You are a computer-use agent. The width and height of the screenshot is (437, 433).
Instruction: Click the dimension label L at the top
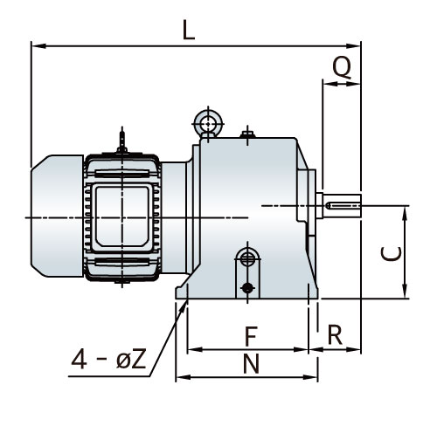(x=189, y=30)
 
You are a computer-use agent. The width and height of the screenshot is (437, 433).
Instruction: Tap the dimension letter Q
(x=342, y=68)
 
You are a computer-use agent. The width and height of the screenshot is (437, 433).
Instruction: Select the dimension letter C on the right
(x=392, y=254)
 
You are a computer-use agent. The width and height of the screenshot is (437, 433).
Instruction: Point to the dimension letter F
(x=251, y=336)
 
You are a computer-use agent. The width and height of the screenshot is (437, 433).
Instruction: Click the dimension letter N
(x=251, y=364)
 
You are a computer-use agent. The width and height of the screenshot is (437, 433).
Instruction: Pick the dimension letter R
(x=335, y=335)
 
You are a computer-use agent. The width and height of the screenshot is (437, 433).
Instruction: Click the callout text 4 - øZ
(x=108, y=360)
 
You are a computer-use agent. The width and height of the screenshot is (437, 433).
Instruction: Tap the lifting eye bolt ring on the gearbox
(x=208, y=123)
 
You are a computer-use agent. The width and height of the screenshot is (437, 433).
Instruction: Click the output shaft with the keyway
(x=343, y=206)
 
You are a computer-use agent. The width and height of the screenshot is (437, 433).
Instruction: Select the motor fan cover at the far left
(x=57, y=216)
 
